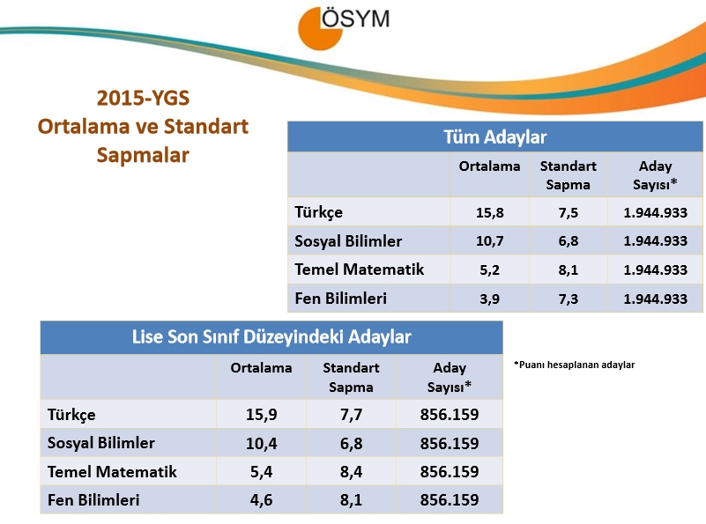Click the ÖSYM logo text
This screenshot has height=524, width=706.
pyautogui.click(x=354, y=19)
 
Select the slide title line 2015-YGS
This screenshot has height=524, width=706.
pyautogui.click(x=144, y=97)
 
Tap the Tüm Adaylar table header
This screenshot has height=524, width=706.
pyautogui.click(x=495, y=137)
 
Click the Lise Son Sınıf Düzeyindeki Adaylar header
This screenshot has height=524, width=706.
pyautogui.click(x=271, y=336)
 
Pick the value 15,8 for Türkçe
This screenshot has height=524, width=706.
pyautogui.click(x=490, y=212)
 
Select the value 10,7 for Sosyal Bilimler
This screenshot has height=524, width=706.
pyautogui.click(x=490, y=241)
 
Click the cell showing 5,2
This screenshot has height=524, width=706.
pyautogui.click(x=490, y=269)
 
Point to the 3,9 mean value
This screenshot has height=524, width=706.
pyautogui.click(x=490, y=299)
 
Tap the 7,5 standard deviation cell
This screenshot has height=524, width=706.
pyautogui.click(x=569, y=212)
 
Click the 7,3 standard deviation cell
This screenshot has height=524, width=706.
pyautogui.click(x=569, y=299)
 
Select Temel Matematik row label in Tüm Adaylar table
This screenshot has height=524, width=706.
pyautogui.click(x=359, y=269)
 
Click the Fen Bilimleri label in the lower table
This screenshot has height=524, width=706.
pyautogui.click(x=93, y=500)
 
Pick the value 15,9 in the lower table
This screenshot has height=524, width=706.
pyautogui.click(x=261, y=415)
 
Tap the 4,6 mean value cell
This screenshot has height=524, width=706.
pyautogui.click(x=261, y=500)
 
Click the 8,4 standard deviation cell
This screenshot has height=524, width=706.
pyautogui.click(x=351, y=472)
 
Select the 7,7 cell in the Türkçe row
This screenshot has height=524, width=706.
pyautogui.click(x=351, y=415)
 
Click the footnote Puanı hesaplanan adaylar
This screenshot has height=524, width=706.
pyautogui.click(x=574, y=365)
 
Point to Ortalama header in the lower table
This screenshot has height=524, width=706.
pyautogui.click(x=261, y=368)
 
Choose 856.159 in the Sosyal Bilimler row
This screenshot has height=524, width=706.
pyautogui.click(x=450, y=443)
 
